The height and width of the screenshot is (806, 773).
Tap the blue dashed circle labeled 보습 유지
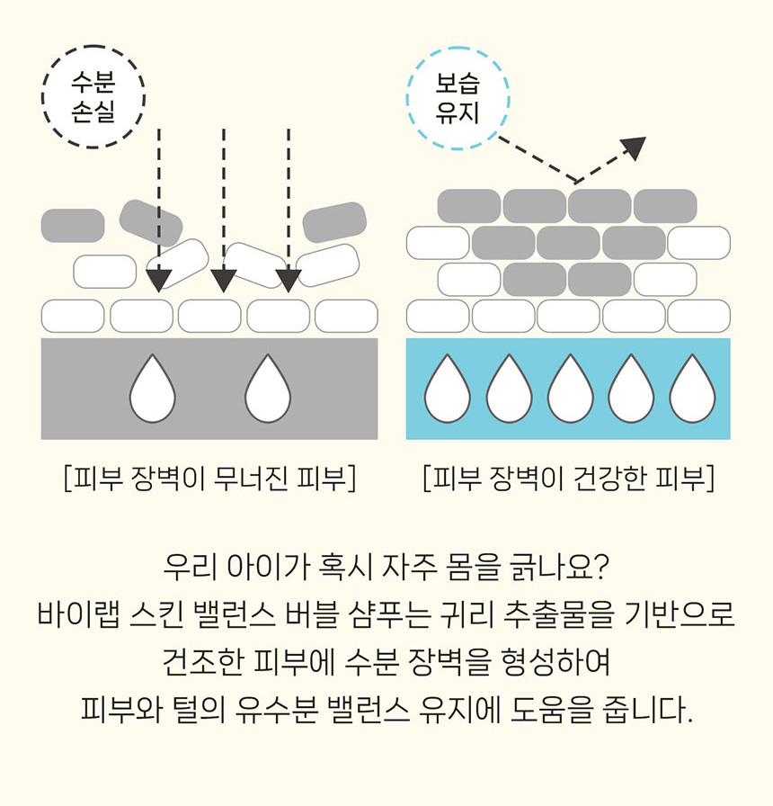click(x=458, y=97)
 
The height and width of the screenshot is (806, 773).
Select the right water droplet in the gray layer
click(x=268, y=389)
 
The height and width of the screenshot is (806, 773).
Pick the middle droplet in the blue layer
click(x=569, y=389)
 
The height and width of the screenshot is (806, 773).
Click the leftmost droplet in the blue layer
click(x=447, y=389)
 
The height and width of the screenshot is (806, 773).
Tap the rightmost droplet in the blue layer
click(x=691, y=389)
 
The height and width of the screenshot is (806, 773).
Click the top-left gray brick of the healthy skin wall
click(x=469, y=206)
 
